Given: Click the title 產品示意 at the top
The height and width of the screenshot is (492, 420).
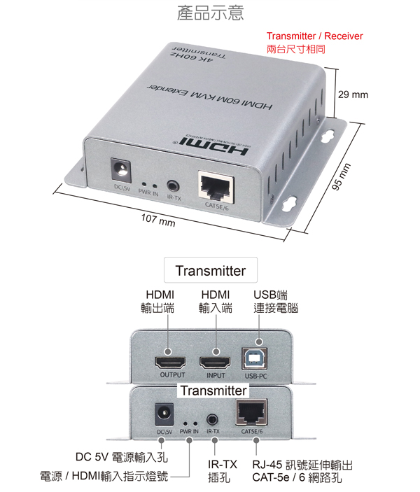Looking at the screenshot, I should [x=211, y=13].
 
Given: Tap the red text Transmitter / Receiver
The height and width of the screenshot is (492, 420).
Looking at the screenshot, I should [x=315, y=36].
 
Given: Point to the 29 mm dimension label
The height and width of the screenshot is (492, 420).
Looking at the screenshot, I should [x=353, y=94].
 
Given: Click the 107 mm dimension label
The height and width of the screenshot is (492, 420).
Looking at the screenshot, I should [x=157, y=222].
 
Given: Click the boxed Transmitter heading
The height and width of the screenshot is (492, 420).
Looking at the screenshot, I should [x=211, y=271].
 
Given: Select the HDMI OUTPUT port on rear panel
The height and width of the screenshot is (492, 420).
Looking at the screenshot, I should [x=170, y=362].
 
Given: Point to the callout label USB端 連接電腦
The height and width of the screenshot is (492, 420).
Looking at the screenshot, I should [x=275, y=301].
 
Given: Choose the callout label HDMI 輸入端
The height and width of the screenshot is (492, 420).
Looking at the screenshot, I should [x=216, y=301].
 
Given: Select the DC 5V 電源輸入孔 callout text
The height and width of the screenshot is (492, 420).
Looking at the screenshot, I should [x=122, y=458].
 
